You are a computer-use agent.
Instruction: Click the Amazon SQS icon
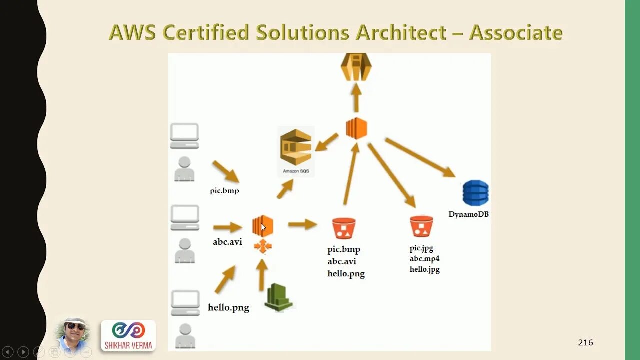[x=296, y=147]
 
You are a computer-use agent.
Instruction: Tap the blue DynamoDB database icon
[x=475, y=193]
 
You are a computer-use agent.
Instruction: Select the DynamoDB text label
[x=468, y=214]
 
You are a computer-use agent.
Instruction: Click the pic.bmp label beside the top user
[x=224, y=190]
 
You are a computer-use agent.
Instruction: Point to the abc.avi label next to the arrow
[x=227, y=242]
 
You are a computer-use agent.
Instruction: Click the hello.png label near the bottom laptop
[x=228, y=308]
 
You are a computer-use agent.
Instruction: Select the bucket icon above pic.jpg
[x=421, y=226]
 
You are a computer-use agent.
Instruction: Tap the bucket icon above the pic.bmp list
[x=344, y=228]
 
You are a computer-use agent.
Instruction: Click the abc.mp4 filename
[x=424, y=259]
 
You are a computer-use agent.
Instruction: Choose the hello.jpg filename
[x=424, y=269]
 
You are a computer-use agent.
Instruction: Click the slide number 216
[x=585, y=343]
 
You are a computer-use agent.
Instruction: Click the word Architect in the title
[x=401, y=33]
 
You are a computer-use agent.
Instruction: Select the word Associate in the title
[x=516, y=33]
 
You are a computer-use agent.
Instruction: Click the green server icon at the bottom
[x=278, y=297]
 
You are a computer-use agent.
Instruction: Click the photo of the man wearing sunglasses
[x=74, y=334]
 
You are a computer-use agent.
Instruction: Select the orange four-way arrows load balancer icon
[x=263, y=246]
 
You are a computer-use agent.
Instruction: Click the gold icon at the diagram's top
[x=356, y=67]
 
